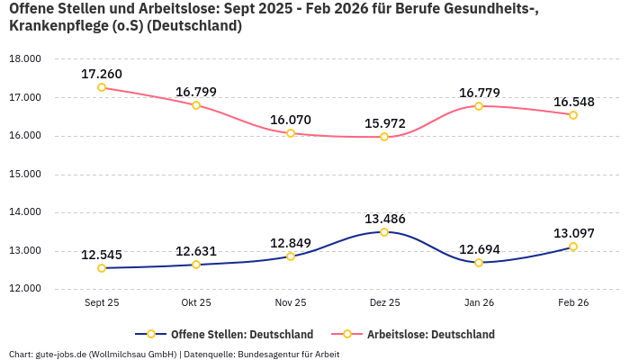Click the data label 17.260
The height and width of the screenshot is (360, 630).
pos(102,74)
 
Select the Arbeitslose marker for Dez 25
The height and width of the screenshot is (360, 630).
pos(384,137)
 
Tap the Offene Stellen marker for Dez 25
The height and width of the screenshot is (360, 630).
pos(384,232)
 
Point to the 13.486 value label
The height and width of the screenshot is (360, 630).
pos(384,219)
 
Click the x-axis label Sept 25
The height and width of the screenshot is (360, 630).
pos(102,303)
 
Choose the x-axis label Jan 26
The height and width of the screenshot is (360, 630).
pos(479,303)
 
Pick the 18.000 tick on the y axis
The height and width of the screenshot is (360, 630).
pos(25,59)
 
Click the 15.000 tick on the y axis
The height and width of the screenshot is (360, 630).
pos(25,175)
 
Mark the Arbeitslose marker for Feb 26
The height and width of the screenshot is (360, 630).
pos(572,115)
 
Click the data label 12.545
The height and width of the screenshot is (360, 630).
pos(102,255)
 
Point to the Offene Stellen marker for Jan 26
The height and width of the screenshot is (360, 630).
pos(479,263)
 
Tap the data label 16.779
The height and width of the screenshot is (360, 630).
pos(479,93)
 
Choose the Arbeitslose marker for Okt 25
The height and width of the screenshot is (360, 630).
pos(196,105)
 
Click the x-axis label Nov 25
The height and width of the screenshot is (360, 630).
pos(291,303)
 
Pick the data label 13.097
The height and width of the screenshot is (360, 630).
pos(572,233)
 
